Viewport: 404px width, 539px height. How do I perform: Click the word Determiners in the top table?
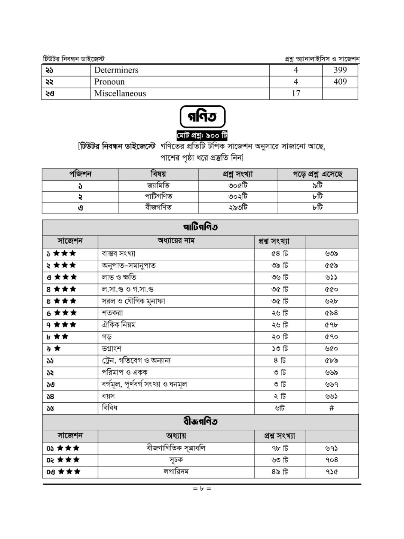(x=116, y=70)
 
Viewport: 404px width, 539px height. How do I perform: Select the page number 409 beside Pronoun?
(x=340, y=82)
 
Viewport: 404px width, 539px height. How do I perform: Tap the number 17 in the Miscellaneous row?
(x=296, y=93)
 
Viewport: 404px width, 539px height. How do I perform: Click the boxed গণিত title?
(x=202, y=117)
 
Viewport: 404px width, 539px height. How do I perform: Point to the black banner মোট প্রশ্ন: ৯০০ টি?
(x=202, y=135)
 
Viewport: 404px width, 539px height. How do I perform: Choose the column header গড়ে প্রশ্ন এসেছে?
(x=317, y=174)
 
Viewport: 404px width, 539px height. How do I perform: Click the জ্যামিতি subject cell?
(x=158, y=186)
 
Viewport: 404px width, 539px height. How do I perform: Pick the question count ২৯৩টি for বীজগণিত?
(x=238, y=207)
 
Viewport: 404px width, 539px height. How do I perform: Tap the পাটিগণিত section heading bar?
(x=200, y=227)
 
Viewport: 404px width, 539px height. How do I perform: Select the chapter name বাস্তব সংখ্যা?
(x=119, y=254)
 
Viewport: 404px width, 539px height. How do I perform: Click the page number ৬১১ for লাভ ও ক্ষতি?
(x=331, y=277)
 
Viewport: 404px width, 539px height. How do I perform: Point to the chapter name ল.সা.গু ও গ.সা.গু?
(x=128, y=289)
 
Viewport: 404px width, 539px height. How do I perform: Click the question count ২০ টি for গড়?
(x=280, y=337)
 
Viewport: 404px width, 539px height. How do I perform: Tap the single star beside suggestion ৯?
(x=57, y=348)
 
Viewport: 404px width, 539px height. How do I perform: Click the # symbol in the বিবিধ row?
(x=331, y=408)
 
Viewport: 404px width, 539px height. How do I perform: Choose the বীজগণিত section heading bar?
(x=200, y=422)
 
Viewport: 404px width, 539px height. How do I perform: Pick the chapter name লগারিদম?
(x=176, y=472)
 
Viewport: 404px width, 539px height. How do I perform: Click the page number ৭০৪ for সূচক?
(x=331, y=460)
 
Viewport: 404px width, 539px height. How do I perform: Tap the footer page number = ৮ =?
(x=202, y=488)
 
